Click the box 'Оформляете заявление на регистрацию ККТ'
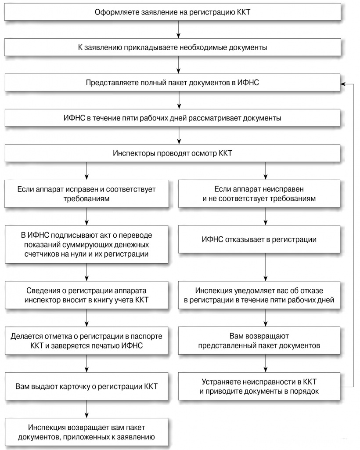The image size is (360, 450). click(173, 12)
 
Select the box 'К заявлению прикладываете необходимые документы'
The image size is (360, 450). click(173, 47)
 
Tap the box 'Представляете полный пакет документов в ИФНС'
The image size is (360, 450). click(173, 83)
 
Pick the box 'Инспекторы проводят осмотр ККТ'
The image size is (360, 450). click(173, 153)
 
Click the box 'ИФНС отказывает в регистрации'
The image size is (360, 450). click(259, 240)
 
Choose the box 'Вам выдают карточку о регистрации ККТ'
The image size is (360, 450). click(86, 386)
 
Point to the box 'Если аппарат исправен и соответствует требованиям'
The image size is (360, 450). click(86, 194)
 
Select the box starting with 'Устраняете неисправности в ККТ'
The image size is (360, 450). click(259, 386)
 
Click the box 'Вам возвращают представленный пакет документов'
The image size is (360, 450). click(259, 341)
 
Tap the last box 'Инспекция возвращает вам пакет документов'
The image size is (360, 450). click(86, 432)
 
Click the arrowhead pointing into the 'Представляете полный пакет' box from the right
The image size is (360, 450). click(343, 84)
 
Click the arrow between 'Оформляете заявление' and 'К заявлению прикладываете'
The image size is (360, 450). click(179, 29)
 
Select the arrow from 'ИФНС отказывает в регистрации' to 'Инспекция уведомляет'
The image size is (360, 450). click(266, 267)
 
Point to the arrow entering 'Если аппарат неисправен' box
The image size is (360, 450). click(266, 171)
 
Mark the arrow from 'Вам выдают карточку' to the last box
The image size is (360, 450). click(86, 409)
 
